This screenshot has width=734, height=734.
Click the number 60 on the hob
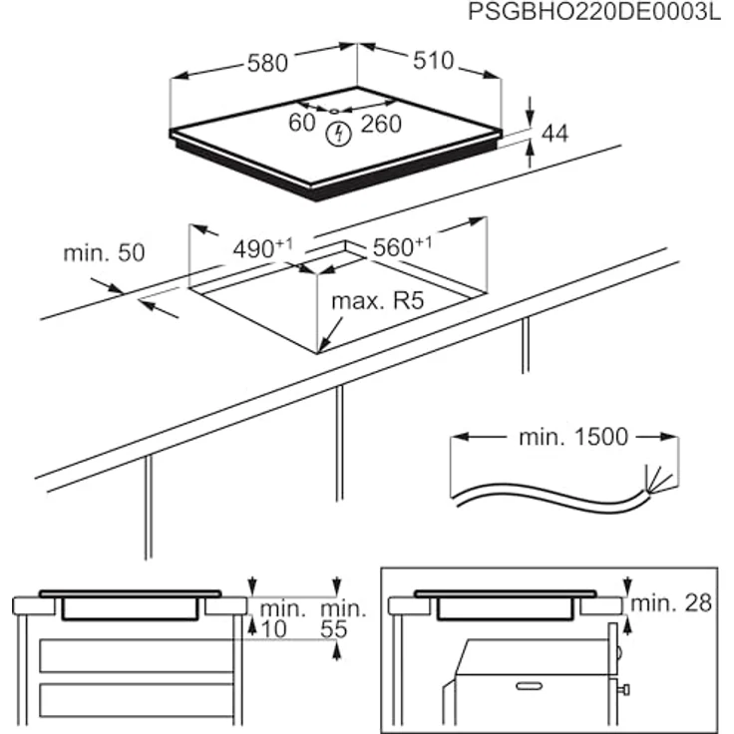click(x=301, y=124)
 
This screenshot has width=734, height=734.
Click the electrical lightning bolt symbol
click(x=339, y=132)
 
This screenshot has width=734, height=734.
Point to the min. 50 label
click(x=104, y=253)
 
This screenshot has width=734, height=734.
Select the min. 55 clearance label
click(x=342, y=617)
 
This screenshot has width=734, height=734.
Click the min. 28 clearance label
click(x=673, y=601)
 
